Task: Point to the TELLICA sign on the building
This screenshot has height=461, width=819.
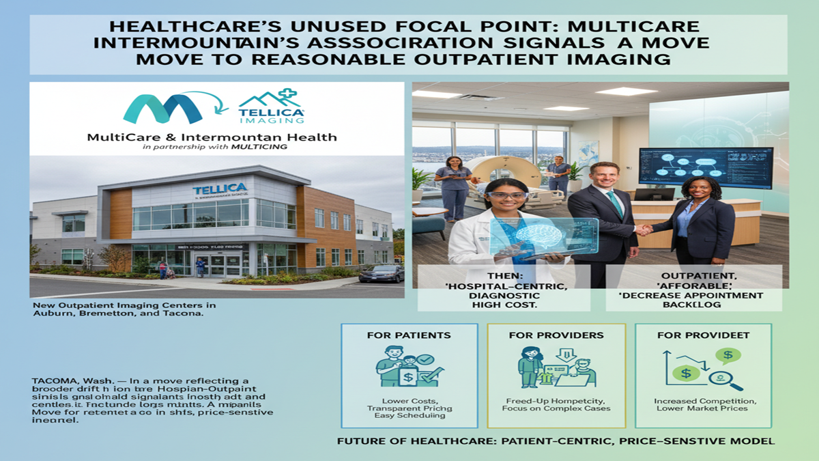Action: pyautogui.click(x=220, y=189)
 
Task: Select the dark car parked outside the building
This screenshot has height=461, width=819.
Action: pyautogui.click(x=382, y=273)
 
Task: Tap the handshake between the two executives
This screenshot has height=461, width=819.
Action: pyautogui.click(x=644, y=230)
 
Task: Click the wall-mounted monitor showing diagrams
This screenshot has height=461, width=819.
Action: pyautogui.click(x=705, y=168)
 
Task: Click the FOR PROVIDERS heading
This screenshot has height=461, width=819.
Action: pyautogui.click(x=556, y=335)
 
